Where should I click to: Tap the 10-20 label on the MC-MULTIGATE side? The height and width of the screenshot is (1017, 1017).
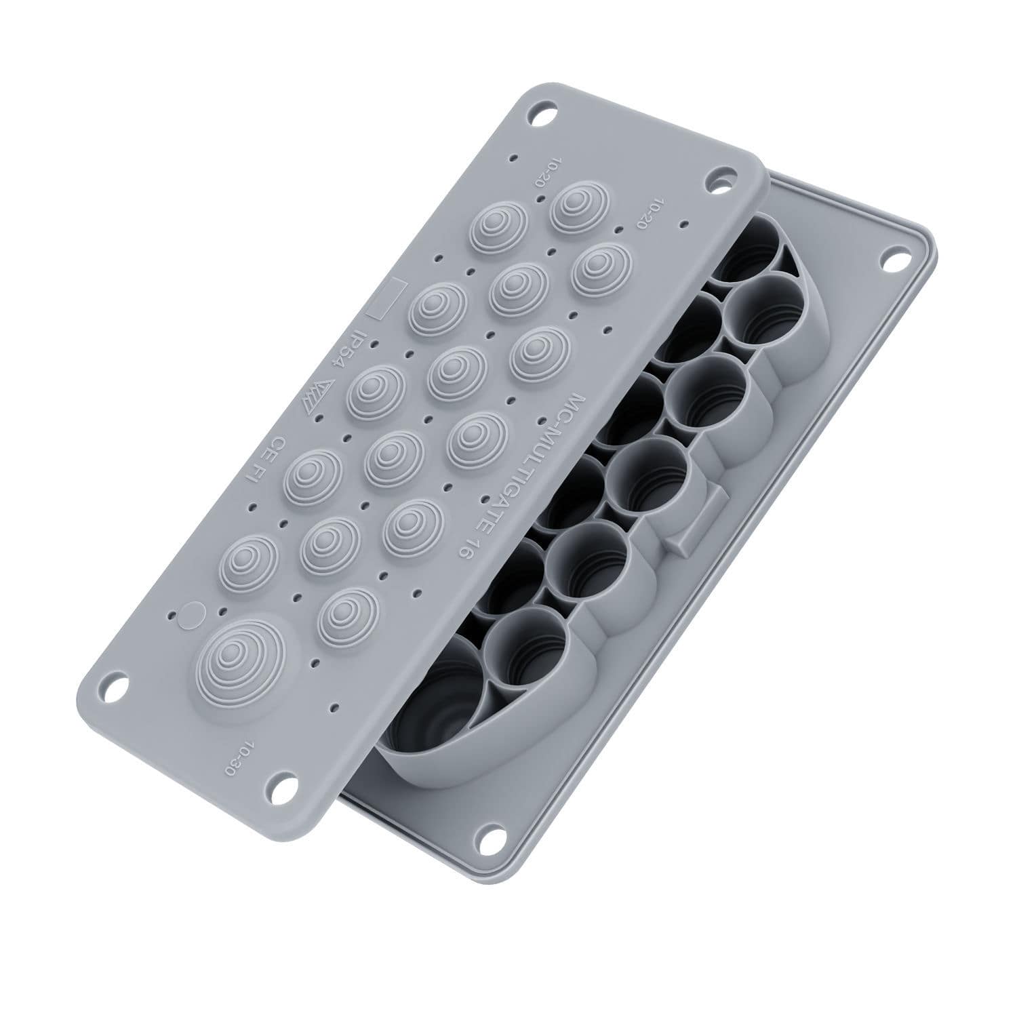647,212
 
